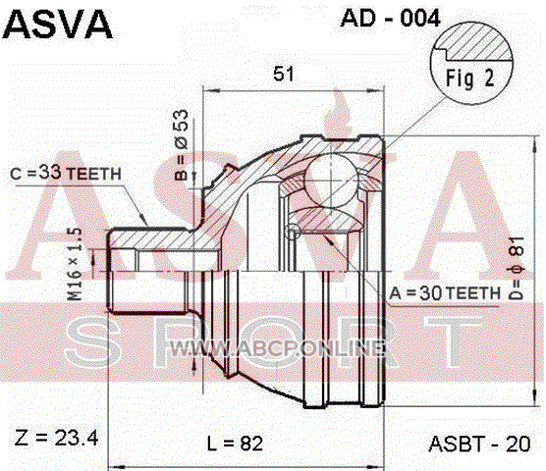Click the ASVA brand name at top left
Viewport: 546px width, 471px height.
coord(58,25)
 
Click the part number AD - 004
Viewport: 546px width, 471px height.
coord(390,18)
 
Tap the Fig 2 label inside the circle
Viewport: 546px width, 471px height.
coord(470,78)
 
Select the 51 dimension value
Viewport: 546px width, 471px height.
coord(284,74)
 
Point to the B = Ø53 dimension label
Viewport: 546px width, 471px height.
coord(182,145)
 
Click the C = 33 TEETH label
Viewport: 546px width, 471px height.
coord(66,173)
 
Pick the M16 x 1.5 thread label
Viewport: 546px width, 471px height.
coord(75,264)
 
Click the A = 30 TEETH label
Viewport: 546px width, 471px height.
coord(445,293)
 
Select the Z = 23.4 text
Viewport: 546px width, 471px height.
coord(56,438)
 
